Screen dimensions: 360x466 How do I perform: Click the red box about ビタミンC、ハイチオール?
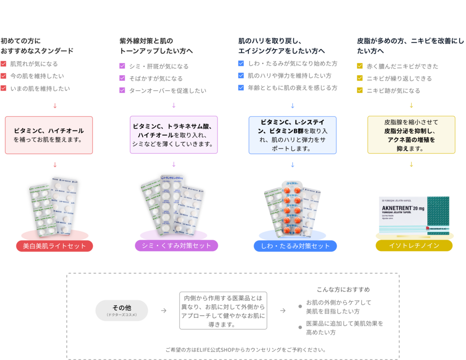pyautogui.click(x=49, y=135)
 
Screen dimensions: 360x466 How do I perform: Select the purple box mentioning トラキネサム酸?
pyautogui.click(x=174, y=135)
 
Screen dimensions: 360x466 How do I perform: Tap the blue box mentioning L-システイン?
pyautogui.click(x=292, y=135)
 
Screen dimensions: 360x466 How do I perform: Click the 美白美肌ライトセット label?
pyautogui.click(x=54, y=246)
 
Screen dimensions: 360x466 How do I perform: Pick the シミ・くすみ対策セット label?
pyautogui.click(x=177, y=245)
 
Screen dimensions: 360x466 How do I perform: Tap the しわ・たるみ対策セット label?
pyautogui.click(x=295, y=246)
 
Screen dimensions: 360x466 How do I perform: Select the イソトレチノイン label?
pyautogui.click(x=414, y=245)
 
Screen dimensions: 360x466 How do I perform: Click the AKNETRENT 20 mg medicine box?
pyautogui.click(x=414, y=215)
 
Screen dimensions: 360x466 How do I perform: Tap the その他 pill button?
pyautogui.click(x=122, y=310)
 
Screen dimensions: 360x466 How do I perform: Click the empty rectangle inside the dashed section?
pyautogui.click(x=223, y=310)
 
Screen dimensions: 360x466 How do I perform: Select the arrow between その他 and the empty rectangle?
pyautogui.click(x=164, y=310)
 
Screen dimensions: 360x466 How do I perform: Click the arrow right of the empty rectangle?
pyautogui.click(x=283, y=310)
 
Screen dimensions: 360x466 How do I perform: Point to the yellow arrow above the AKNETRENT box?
pyautogui.click(x=411, y=164)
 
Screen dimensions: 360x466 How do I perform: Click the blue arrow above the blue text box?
pyautogui.click(x=292, y=106)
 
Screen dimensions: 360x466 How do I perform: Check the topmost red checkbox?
pyautogui.click(x=3, y=64)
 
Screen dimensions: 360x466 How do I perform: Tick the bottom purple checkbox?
pyautogui.click(x=122, y=90)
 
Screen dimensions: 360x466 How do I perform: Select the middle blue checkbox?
pyautogui.click(x=241, y=75)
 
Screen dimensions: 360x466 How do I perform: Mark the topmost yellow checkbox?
pyautogui.click(x=359, y=66)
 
